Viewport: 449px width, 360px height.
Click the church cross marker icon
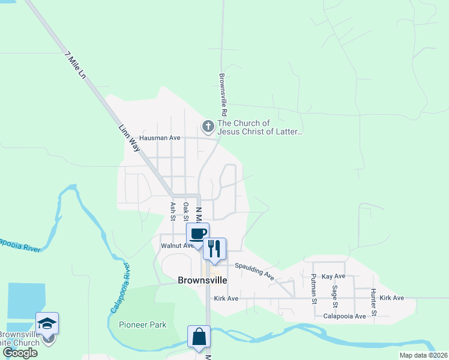(x=208, y=126)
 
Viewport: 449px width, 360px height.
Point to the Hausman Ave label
(x=160, y=138)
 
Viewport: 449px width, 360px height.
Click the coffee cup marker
(x=197, y=233)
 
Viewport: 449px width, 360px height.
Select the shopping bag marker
(x=199, y=337)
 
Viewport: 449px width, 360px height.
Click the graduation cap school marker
(x=47, y=323)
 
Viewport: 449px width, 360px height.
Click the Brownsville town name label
(x=202, y=280)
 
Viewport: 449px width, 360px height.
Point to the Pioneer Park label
(x=142, y=325)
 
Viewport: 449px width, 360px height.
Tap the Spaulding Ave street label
(x=254, y=272)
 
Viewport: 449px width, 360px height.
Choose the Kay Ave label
(x=334, y=277)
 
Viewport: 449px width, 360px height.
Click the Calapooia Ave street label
(x=345, y=316)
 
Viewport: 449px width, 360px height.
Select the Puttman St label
(x=313, y=289)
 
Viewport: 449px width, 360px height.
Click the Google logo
(x=20, y=353)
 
